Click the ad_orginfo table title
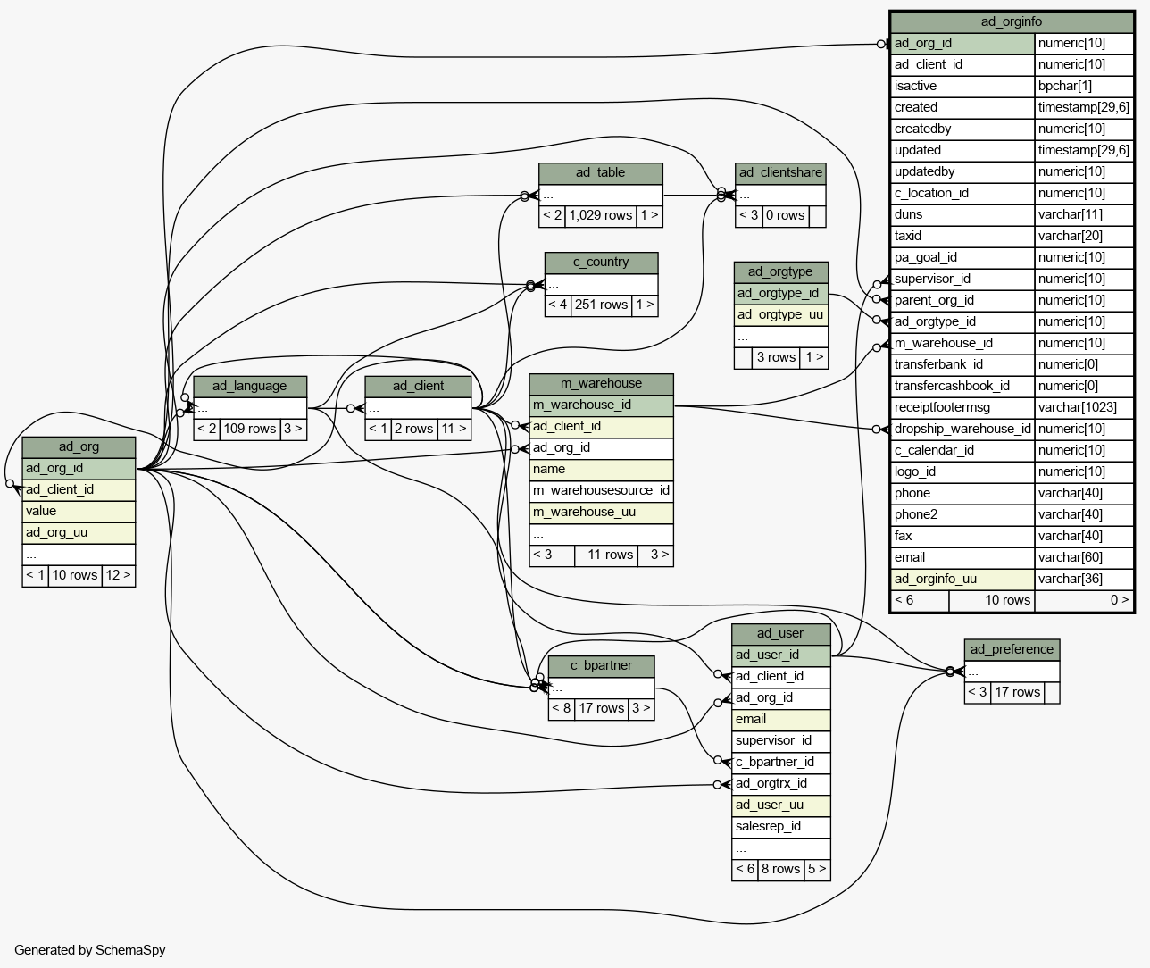click(1012, 21)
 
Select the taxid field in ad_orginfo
click(908, 236)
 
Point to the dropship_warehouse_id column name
click(962, 429)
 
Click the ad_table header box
click(600, 173)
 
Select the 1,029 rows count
click(600, 215)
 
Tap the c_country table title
click(601, 262)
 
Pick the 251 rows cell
click(601, 305)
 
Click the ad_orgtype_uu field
click(779, 314)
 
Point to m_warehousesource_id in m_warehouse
click(601, 490)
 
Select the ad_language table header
click(249, 386)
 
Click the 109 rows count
click(249, 429)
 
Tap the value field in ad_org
click(41, 511)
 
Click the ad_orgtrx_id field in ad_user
click(771, 783)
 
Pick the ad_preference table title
click(1012, 649)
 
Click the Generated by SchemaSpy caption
click(90, 950)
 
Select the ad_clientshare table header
click(780, 173)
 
